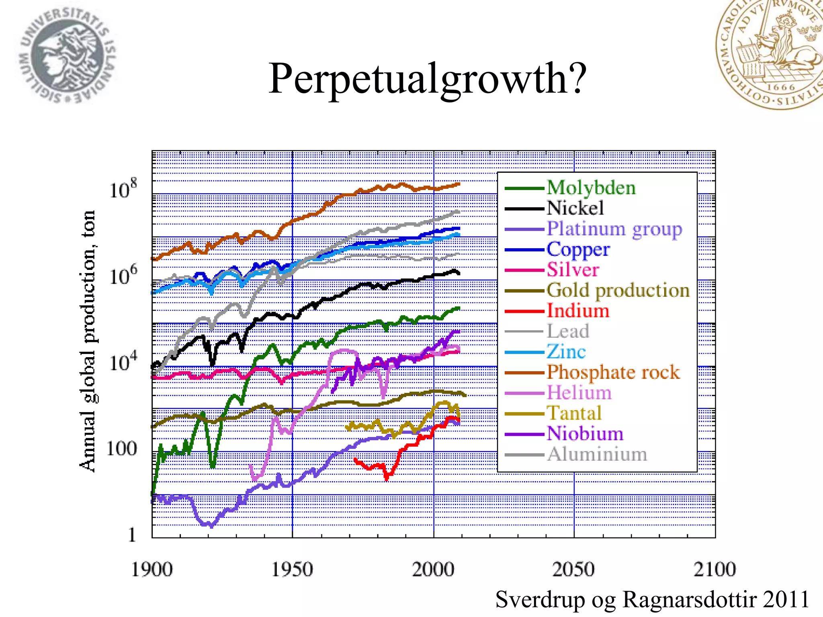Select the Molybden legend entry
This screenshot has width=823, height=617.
pyautogui.click(x=591, y=188)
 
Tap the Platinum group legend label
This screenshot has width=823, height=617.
pyautogui.click(x=614, y=229)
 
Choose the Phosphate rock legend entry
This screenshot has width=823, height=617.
pyautogui.click(x=613, y=372)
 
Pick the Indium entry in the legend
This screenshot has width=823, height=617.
pyautogui.click(x=578, y=311)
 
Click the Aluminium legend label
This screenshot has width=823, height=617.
pyautogui.click(x=597, y=454)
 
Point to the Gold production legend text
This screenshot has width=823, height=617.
pyautogui.click(x=618, y=290)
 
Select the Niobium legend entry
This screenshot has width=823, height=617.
pyautogui.click(x=585, y=434)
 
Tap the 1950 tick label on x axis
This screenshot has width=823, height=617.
pyautogui.click(x=292, y=570)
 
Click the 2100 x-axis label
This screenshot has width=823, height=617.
pyautogui.click(x=714, y=570)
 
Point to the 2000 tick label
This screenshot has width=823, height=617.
pyautogui.click(x=433, y=570)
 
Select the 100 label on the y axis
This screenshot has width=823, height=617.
pyautogui.click(x=121, y=449)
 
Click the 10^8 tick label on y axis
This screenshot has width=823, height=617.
pyautogui.click(x=123, y=189)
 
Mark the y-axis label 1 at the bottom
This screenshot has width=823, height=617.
pyautogui.click(x=132, y=535)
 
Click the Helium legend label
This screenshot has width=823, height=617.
pyautogui.click(x=579, y=393)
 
